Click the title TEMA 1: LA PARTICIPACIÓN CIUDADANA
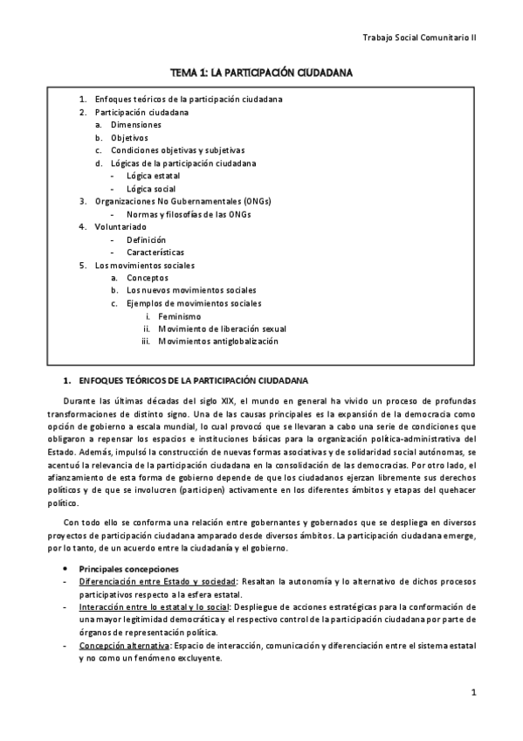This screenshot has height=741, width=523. coord(261,74)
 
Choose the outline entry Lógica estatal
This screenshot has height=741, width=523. coord(153,176)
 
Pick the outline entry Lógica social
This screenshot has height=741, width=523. coord(150,188)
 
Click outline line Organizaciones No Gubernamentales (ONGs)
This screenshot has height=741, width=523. coord(178,201)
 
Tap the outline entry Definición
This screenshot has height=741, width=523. coord(146,239)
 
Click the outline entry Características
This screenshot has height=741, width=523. coord(155,252)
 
